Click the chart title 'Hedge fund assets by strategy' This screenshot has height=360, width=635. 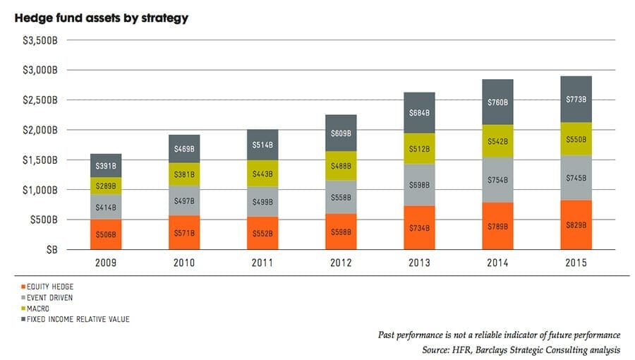click(101, 18)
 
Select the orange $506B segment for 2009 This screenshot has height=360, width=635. click(106, 234)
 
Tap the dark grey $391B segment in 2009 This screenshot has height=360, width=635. click(106, 166)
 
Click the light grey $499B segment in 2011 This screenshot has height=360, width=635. click(262, 202)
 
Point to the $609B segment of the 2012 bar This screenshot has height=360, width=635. click(341, 133)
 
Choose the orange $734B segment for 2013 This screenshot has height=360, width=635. click(419, 228)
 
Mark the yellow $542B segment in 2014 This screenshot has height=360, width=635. click(497, 142)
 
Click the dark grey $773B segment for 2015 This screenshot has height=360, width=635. click(576, 100)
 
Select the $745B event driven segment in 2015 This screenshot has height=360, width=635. click(576, 178)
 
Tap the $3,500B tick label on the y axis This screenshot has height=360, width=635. click(44, 40)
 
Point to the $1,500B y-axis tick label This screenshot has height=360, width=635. click(44, 160)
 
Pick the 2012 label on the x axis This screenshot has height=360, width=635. click(341, 263)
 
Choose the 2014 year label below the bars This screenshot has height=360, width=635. click(497, 263)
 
